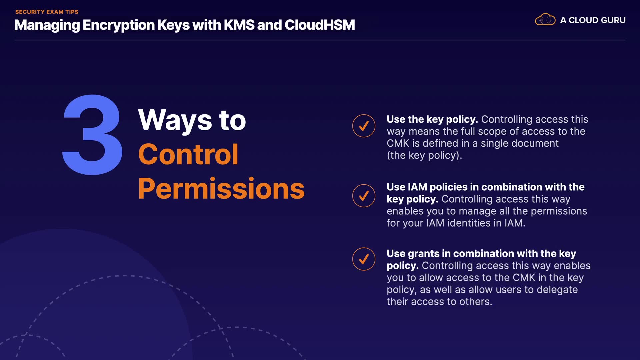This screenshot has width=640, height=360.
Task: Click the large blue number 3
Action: tap(93, 135)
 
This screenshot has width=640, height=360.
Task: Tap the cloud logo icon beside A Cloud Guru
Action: tap(545, 20)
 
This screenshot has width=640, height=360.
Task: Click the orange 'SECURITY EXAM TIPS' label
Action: tap(47, 12)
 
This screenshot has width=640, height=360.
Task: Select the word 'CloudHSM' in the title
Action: tap(320, 25)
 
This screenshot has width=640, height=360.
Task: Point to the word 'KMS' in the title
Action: tap(239, 25)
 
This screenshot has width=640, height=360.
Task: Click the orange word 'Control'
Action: tap(188, 154)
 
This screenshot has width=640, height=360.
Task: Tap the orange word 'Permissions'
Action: tap(221, 189)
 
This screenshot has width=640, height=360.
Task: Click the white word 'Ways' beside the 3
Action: tap(175, 120)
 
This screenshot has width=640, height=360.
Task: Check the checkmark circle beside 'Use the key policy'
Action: tap(364, 126)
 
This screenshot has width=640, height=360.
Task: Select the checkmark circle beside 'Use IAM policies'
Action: tap(364, 196)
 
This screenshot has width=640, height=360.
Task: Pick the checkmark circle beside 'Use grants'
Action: tap(364, 259)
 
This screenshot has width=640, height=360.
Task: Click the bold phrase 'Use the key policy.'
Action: tap(432, 119)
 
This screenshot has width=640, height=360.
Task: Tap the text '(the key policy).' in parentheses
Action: tap(424, 155)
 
